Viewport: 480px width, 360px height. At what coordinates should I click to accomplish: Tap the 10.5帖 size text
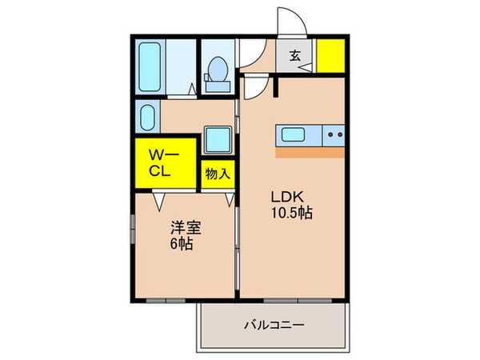pos(290,214)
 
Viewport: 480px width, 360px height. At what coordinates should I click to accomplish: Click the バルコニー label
pos(273,326)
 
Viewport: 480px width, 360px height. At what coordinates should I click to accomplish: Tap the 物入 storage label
pos(217,173)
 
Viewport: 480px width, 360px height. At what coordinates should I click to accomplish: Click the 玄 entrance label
pos(295,56)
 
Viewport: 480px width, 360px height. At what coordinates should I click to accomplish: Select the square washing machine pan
pos(217,140)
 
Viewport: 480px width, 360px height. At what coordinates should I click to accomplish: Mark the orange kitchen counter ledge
pos(310,150)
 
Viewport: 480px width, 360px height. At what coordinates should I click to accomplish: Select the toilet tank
pos(215,78)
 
